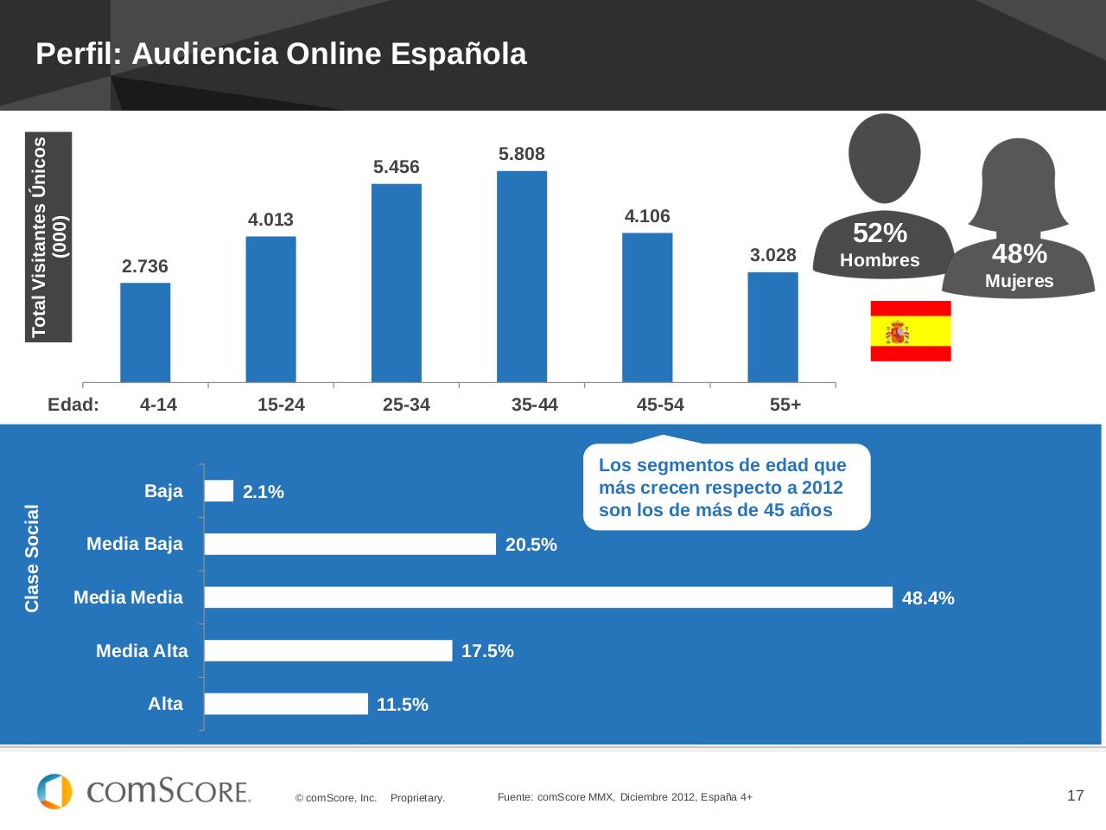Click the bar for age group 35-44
(x=522, y=277)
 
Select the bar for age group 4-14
(x=145, y=332)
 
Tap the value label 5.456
(x=397, y=167)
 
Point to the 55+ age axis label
(x=785, y=405)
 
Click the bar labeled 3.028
(x=772, y=327)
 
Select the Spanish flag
(x=910, y=331)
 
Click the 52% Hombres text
(x=880, y=245)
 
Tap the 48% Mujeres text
(x=1019, y=265)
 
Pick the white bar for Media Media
(x=548, y=597)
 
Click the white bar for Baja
(x=219, y=491)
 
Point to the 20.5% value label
(x=531, y=545)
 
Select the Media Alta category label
(x=142, y=651)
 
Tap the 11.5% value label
(x=403, y=705)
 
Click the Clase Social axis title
(x=33, y=558)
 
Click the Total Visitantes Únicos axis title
(x=48, y=236)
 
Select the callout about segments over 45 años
(x=726, y=487)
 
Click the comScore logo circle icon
(x=54, y=791)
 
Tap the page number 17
(x=1075, y=795)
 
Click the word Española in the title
(x=458, y=54)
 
